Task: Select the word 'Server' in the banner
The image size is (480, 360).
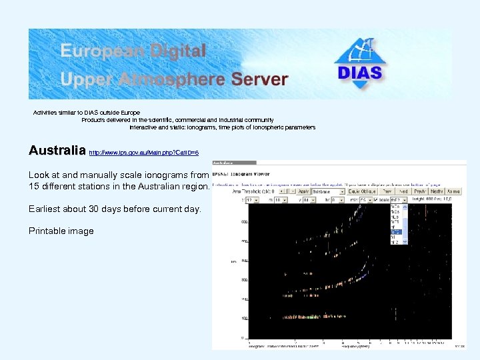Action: click(259, 79)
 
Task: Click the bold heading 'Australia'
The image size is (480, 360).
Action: click(57, 151)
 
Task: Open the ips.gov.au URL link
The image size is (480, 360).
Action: click(143, 153)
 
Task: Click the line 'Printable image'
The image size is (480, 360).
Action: click(61, 231)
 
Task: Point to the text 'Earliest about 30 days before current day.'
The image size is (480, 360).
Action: click(114, 209)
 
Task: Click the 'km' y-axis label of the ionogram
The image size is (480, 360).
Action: click(234, 261)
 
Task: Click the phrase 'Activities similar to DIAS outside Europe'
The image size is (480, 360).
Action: click(87, 112)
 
